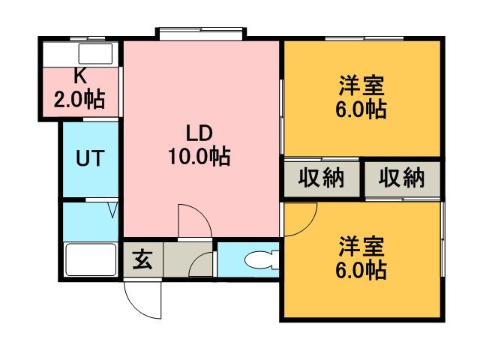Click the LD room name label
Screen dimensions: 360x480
200,134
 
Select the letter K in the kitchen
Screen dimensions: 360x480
79,75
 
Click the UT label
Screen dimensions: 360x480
89,159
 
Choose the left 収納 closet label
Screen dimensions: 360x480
321,178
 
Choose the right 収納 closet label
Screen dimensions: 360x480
400,178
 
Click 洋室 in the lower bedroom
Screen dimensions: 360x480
361,246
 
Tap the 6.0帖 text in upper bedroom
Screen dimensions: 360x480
361,109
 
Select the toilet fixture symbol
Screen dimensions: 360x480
260,260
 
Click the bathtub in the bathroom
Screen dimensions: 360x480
89,260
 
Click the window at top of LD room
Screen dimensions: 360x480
199,32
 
